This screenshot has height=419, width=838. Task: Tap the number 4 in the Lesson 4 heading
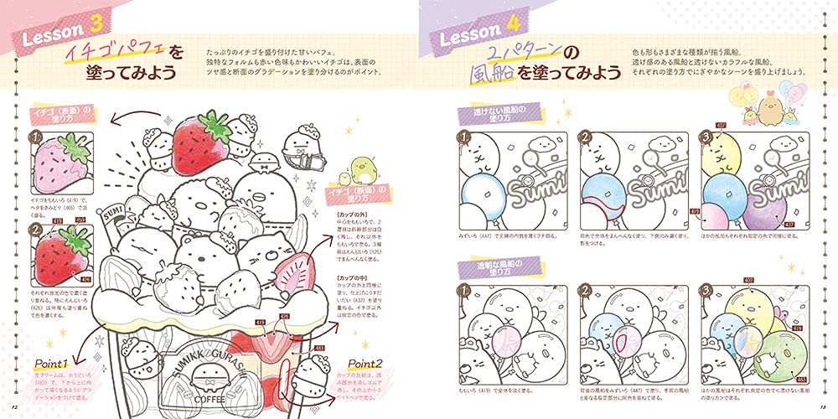pyautogui.click(x=510, y=36)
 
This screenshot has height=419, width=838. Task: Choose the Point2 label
pyautogui.click(x=365, y=365)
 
